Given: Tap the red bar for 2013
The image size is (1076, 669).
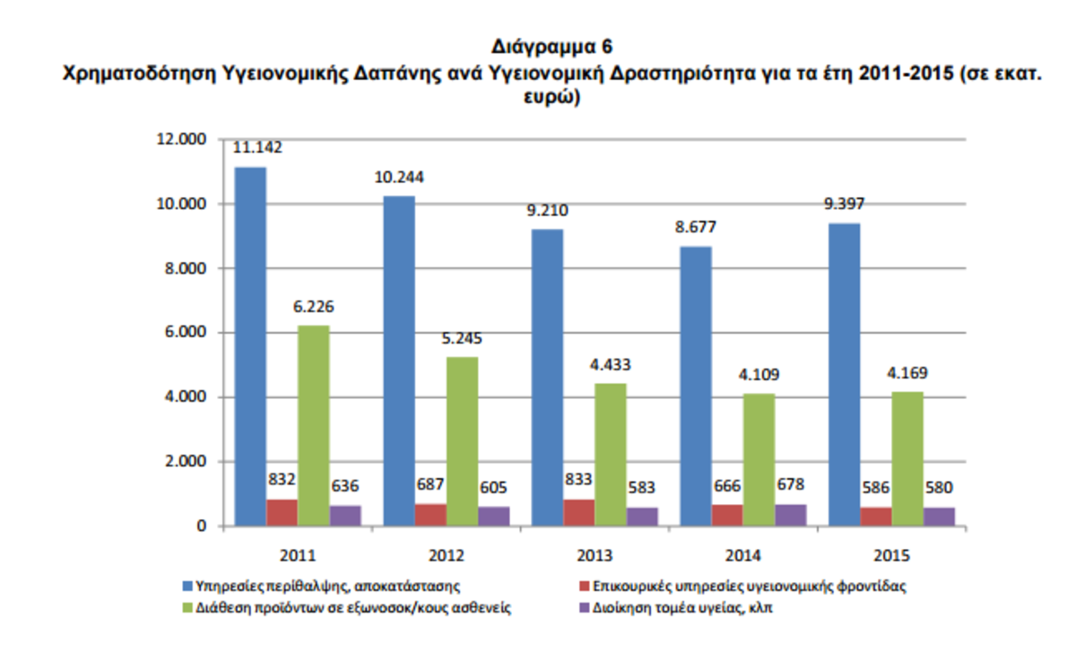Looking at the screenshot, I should tap(579, 513).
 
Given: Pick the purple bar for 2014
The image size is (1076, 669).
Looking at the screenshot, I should tap(791, 516).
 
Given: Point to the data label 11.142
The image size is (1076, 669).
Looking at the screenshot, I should tap(257, 148).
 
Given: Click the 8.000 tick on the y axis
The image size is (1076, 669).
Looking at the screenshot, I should tap(183, 268).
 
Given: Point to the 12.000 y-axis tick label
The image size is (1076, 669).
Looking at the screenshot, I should tap(179, 139).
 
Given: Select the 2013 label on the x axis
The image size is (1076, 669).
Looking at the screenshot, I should tap(595, 554).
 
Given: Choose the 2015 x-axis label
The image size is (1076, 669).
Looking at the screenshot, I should tap(891, 554).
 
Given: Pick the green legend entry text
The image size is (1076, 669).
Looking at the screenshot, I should tap(354, 608).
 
